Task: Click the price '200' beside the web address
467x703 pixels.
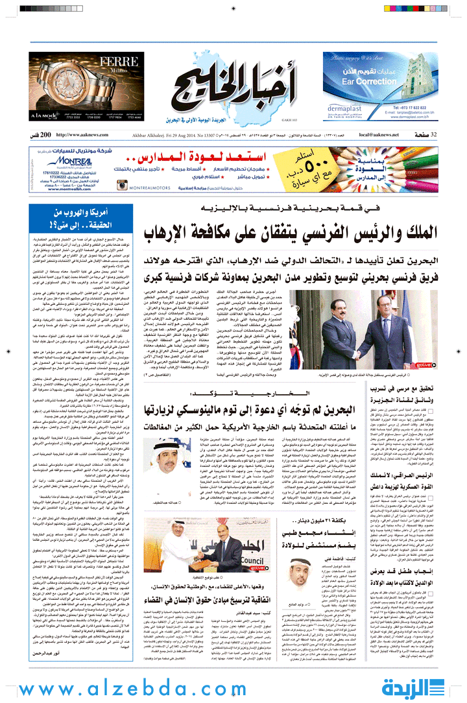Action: pyautogui.click(x=45, y=134)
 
